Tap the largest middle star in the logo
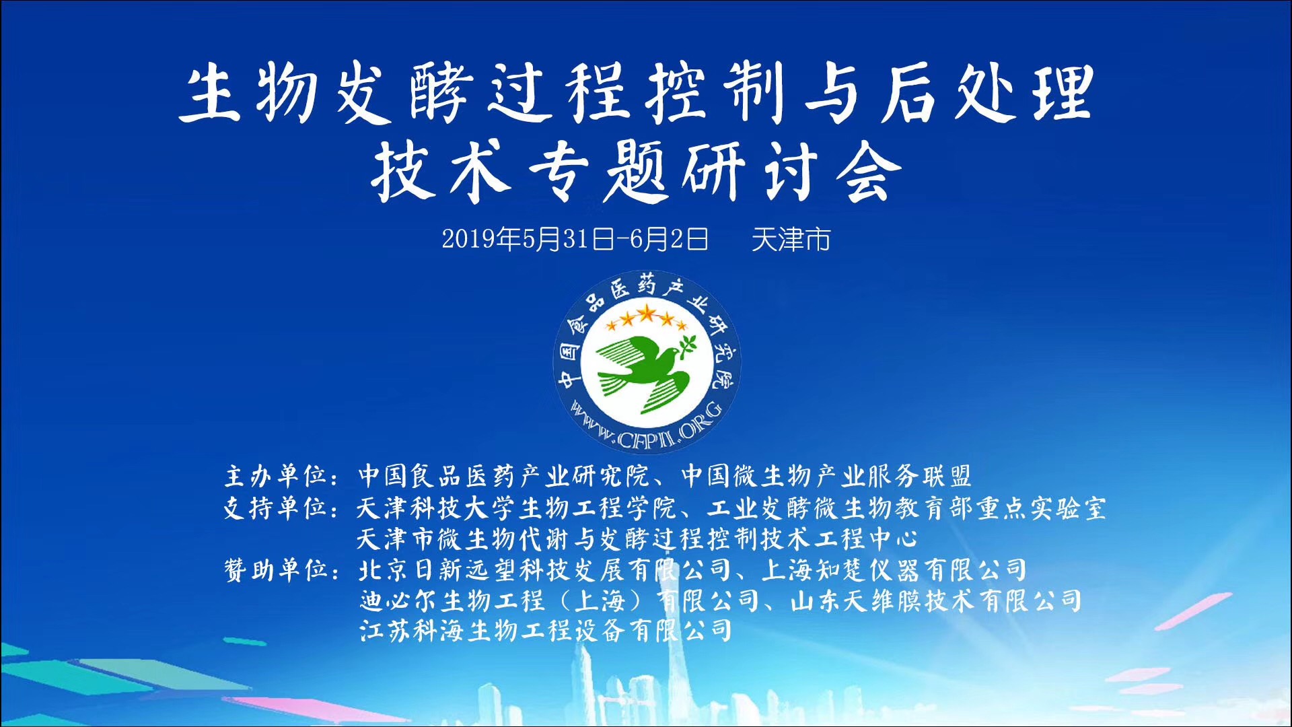click(647, 313)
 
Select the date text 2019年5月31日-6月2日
click(575, 239)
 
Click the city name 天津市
click(791, 239)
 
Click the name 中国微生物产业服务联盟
click(826, 476)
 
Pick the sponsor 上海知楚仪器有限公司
click(894, 570)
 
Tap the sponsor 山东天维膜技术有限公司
click(936, 600)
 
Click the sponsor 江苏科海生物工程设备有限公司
click(546, 631)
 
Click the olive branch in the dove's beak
click(688, 343)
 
